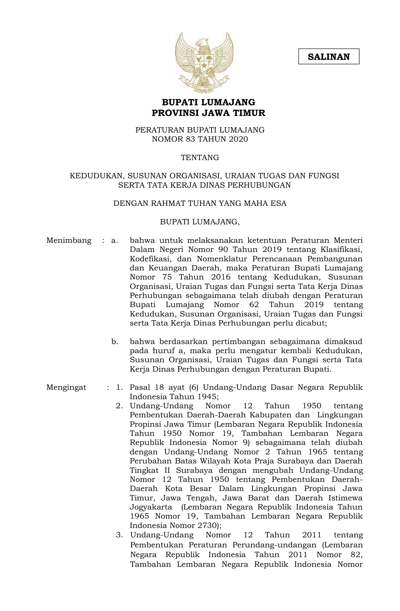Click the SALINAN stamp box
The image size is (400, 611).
pos(328,56)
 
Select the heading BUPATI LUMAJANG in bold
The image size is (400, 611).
pos(208,102)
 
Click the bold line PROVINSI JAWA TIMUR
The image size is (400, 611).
pos(208,113)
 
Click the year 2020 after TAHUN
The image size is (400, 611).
pos(238,139)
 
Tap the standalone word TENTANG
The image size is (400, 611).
pos(200,158)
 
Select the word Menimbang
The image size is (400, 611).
pos(69,241)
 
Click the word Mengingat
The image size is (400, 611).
pos(66,387)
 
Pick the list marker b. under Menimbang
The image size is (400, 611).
pos(115,342)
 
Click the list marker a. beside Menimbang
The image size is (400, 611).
pos(115,241)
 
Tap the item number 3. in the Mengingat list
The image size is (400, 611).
pos(120,535)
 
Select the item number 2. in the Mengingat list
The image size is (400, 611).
pos(119,406)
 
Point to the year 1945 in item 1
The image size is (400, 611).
pos(206,397)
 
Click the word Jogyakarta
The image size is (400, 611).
pos(151,507)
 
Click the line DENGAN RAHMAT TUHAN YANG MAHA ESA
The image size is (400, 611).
pos(200,204)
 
